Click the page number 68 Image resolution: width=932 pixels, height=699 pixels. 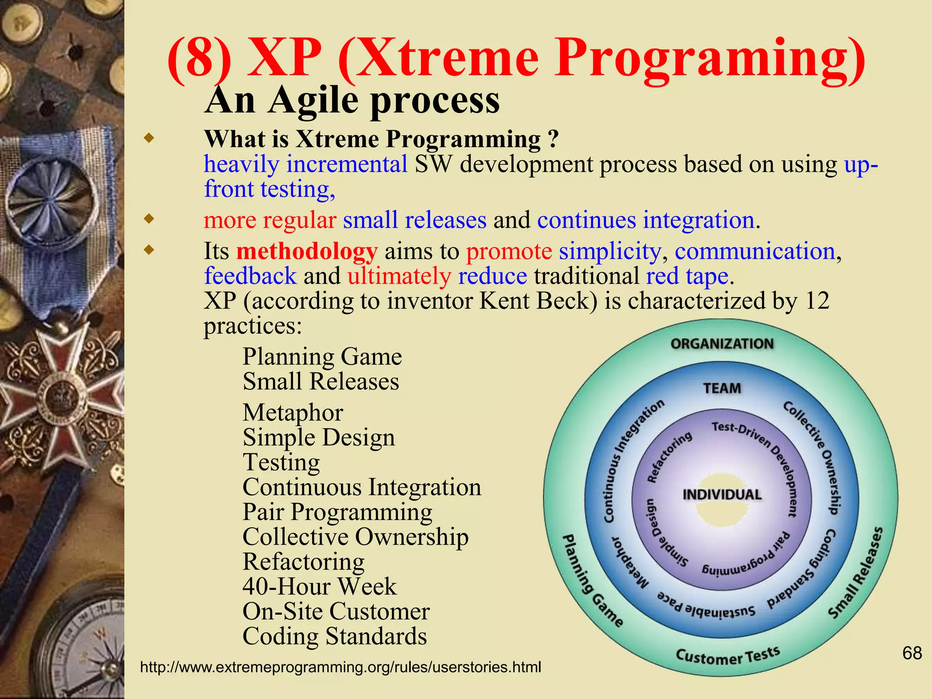912,653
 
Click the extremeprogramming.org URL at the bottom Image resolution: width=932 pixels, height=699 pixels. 340,667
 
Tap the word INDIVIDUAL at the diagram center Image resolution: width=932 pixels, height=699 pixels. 722,495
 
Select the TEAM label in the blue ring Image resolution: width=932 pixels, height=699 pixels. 722,388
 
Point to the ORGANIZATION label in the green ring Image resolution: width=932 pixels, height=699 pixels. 722,344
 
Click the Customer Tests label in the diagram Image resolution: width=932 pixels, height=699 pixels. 728,655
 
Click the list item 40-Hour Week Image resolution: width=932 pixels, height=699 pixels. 319,586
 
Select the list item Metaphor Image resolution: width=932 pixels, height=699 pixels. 293,413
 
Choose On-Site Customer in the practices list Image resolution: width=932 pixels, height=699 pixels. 336,611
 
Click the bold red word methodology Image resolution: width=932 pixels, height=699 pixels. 307,251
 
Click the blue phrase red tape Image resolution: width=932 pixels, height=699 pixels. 687,276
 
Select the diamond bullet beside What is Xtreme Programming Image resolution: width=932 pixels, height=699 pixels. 149,138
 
